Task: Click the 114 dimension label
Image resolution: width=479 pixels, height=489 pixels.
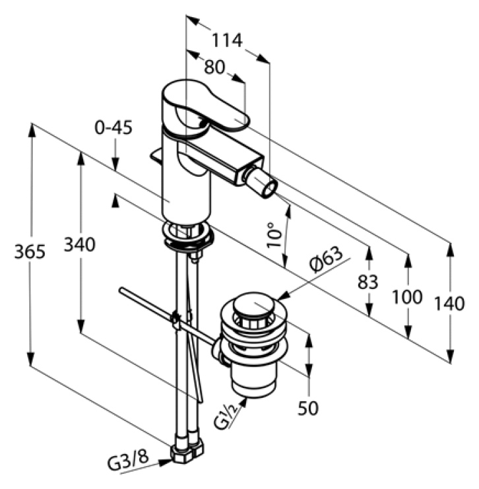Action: pyautogui.click(x=227, y=40)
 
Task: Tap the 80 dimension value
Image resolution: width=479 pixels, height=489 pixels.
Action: pyautogui.click(x=214, y=67)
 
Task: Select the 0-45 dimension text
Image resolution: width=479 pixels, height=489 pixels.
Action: pyautogui.click(x=113, y=127)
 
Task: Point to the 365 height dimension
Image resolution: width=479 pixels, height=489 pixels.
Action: pyautogui.click(x=30, y=251)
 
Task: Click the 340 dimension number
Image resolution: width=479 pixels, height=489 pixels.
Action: pyautogui.click(x=80, y=244)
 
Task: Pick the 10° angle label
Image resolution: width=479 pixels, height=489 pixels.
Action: pyautogui.click(x=274, y=235)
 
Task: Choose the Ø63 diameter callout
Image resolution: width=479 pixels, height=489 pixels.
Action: pyautogui.click(x=326, y=259)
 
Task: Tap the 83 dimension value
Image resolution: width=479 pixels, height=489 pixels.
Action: pyautogui.click(x=368, y=282)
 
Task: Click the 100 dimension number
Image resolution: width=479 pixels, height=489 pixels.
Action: pyautogui.click(x=407, y=296)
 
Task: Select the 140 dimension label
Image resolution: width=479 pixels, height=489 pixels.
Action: pyautogui.click(x=449, y=304)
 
